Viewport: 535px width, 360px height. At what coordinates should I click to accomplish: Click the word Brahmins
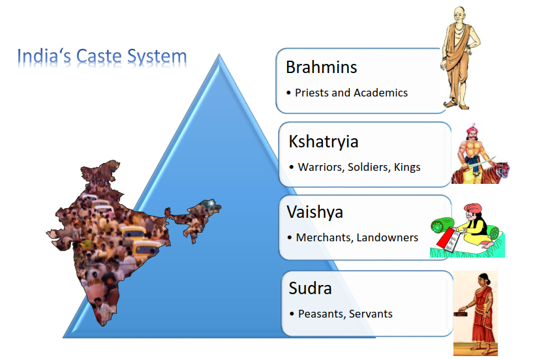click(322, 67)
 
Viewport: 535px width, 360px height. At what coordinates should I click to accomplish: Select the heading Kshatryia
click(324, 142)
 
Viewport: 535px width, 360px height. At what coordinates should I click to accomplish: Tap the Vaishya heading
click(314, 213)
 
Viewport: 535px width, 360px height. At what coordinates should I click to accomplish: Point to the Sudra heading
click(310, 288)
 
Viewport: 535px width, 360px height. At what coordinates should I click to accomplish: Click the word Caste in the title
click(99, 56)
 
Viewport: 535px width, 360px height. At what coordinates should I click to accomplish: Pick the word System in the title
click(157, 57)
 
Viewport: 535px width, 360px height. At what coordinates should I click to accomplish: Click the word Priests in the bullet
click(311, 93)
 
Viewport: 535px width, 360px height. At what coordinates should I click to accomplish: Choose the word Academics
click(380, 93)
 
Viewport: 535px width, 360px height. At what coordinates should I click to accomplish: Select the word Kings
click(407, 168)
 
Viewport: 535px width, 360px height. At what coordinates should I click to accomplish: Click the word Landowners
click(388, 237)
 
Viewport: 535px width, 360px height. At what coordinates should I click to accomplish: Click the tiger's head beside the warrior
click(502, 170)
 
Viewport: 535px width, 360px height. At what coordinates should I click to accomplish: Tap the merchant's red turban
click(472, 208)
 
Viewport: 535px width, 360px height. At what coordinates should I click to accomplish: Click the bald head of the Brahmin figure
click(459, 14)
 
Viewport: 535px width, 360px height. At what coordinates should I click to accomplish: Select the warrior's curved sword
click(482, 162)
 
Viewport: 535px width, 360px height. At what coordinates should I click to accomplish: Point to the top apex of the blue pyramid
click(219, 54)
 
